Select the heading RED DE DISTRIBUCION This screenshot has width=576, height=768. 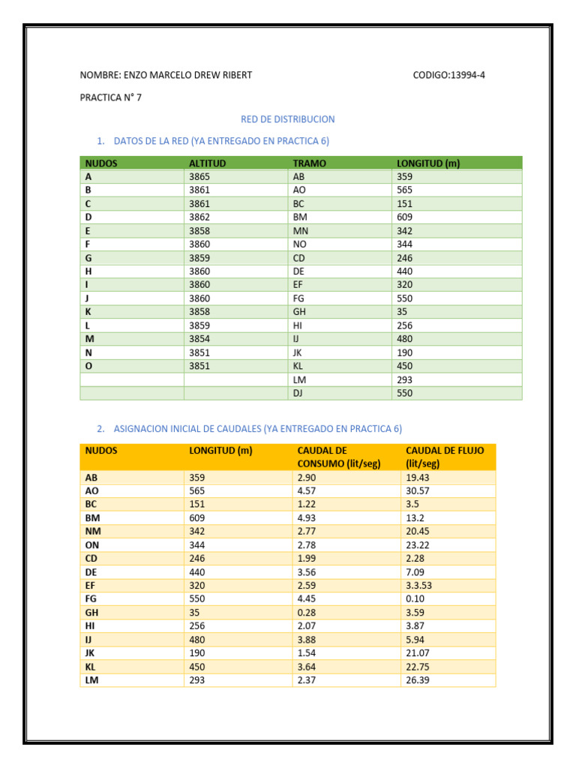[x=287, y=119]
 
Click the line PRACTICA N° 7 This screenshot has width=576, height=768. [x=110, y=97]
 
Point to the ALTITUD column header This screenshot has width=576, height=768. [x=207, y=163]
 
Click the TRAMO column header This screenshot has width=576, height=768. [x=309, y=163]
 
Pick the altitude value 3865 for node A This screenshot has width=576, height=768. [x=199, y=176]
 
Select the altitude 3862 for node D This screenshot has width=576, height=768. [x=199, y=217]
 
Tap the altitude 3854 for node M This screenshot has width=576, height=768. [x=199, y=339]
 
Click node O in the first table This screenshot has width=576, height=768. [x=88, y=366]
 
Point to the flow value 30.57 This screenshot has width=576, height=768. [x=418, y=490]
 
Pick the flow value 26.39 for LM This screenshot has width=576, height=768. [x=418, y=680]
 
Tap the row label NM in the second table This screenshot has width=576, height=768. [x=93, y=531]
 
